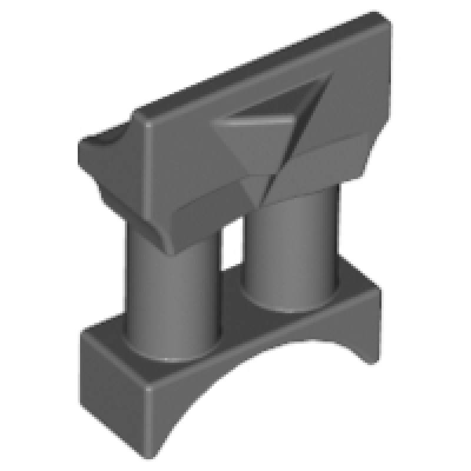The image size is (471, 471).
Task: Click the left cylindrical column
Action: click(168, 294)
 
